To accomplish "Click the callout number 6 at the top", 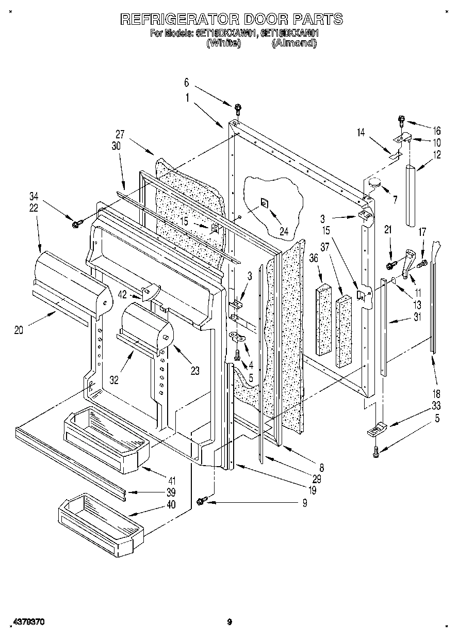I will point(187,83).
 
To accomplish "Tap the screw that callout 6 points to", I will point(238,108).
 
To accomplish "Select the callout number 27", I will point(120,135).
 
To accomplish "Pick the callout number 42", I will point(122,295).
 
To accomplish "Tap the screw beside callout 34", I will point(78,223).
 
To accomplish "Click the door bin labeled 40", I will point(101,524).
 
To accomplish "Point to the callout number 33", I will point(437,406).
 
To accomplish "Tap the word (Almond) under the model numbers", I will point(294,43).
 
